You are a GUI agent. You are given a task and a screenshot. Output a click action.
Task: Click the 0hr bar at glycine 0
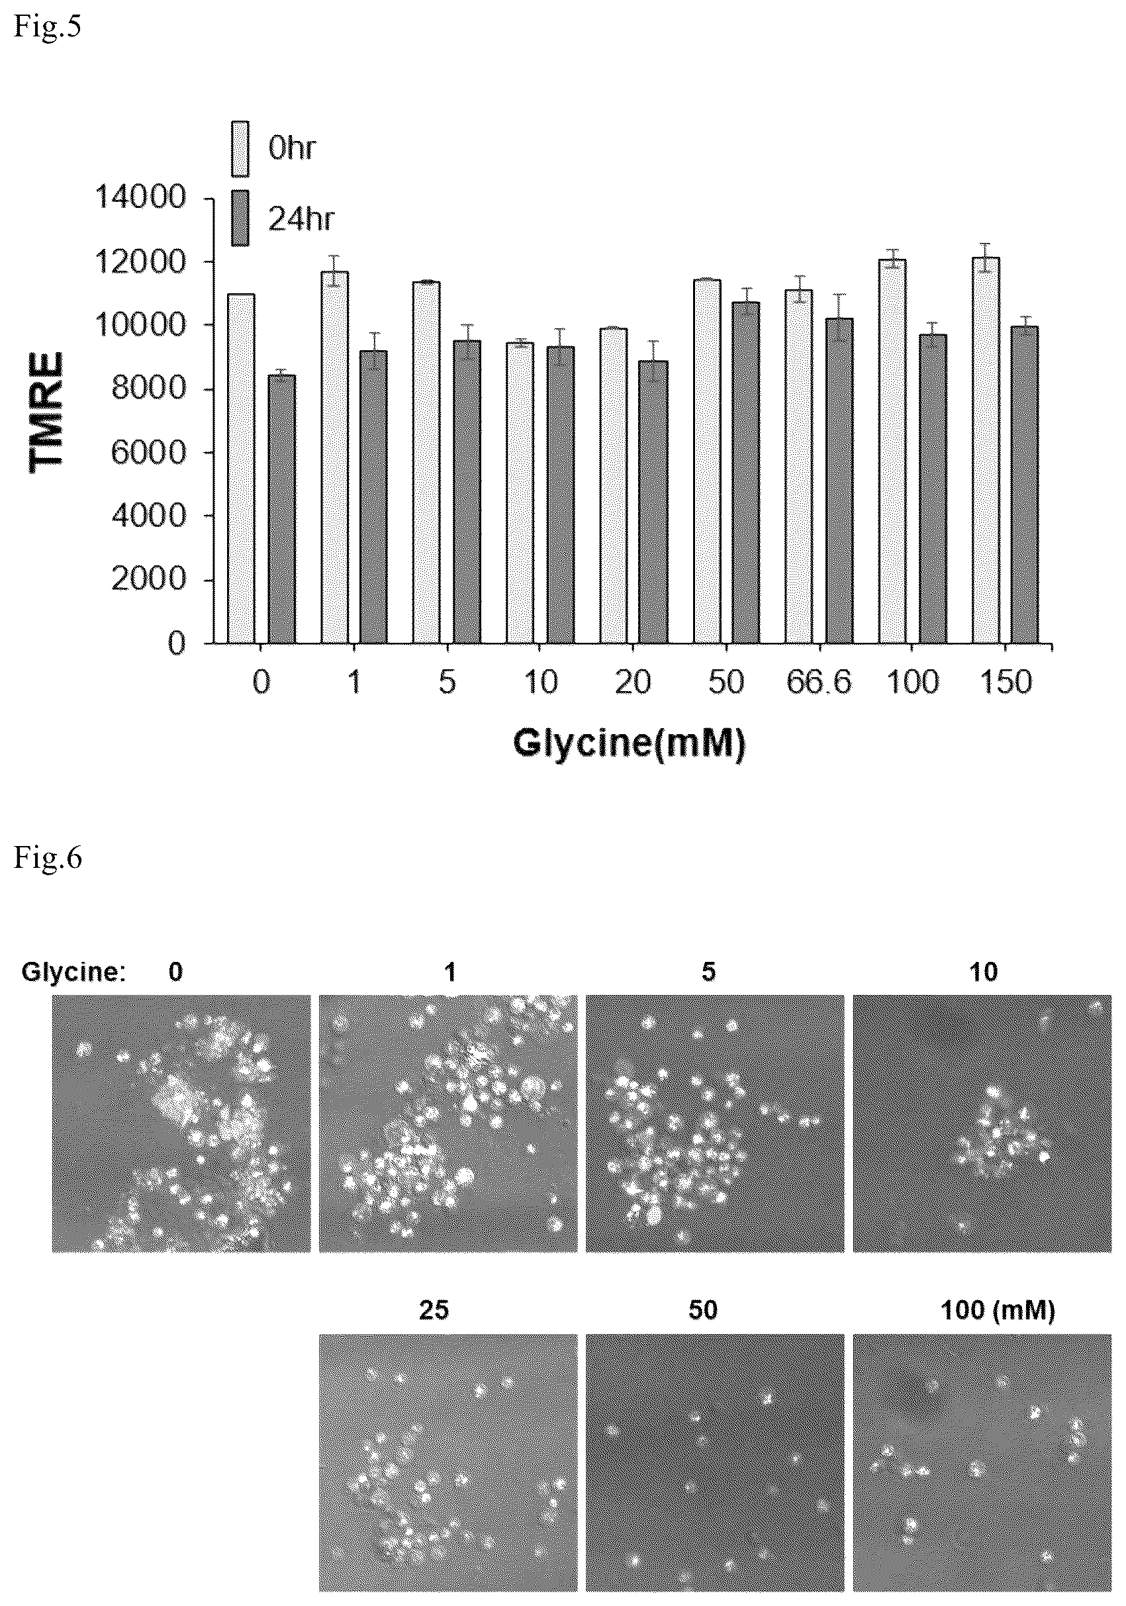pyautogui.click(x=241, y=468)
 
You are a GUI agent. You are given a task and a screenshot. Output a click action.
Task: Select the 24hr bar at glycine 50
pyautogui.click(x=746, y=472)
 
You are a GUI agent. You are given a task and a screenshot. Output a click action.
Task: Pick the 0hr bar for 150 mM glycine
pyautogui.click(x=986, y=449)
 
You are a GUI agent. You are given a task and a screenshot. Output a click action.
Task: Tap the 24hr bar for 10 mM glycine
pyautogui.click(x=561, y=495)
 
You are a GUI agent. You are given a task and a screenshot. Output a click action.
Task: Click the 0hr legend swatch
pyautogui.click(x=240, y=148)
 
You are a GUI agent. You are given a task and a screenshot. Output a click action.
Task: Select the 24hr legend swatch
pyautogui.click(x=240, y=218)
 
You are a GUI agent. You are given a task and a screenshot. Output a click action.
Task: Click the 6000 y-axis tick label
pyautogui.click(x=148, y=453)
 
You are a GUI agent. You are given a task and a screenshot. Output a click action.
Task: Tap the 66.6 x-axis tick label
pyautogui.click(x=819, y=682)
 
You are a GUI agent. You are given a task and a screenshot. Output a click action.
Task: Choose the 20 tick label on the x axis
pyautogui.click(x=633, y=682)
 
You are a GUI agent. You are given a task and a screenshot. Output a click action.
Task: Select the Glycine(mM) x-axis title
pyautogui.click(x=629, y=743)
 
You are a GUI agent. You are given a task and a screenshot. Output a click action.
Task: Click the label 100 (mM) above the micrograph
pyautogui.click(x=998, y=1310)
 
